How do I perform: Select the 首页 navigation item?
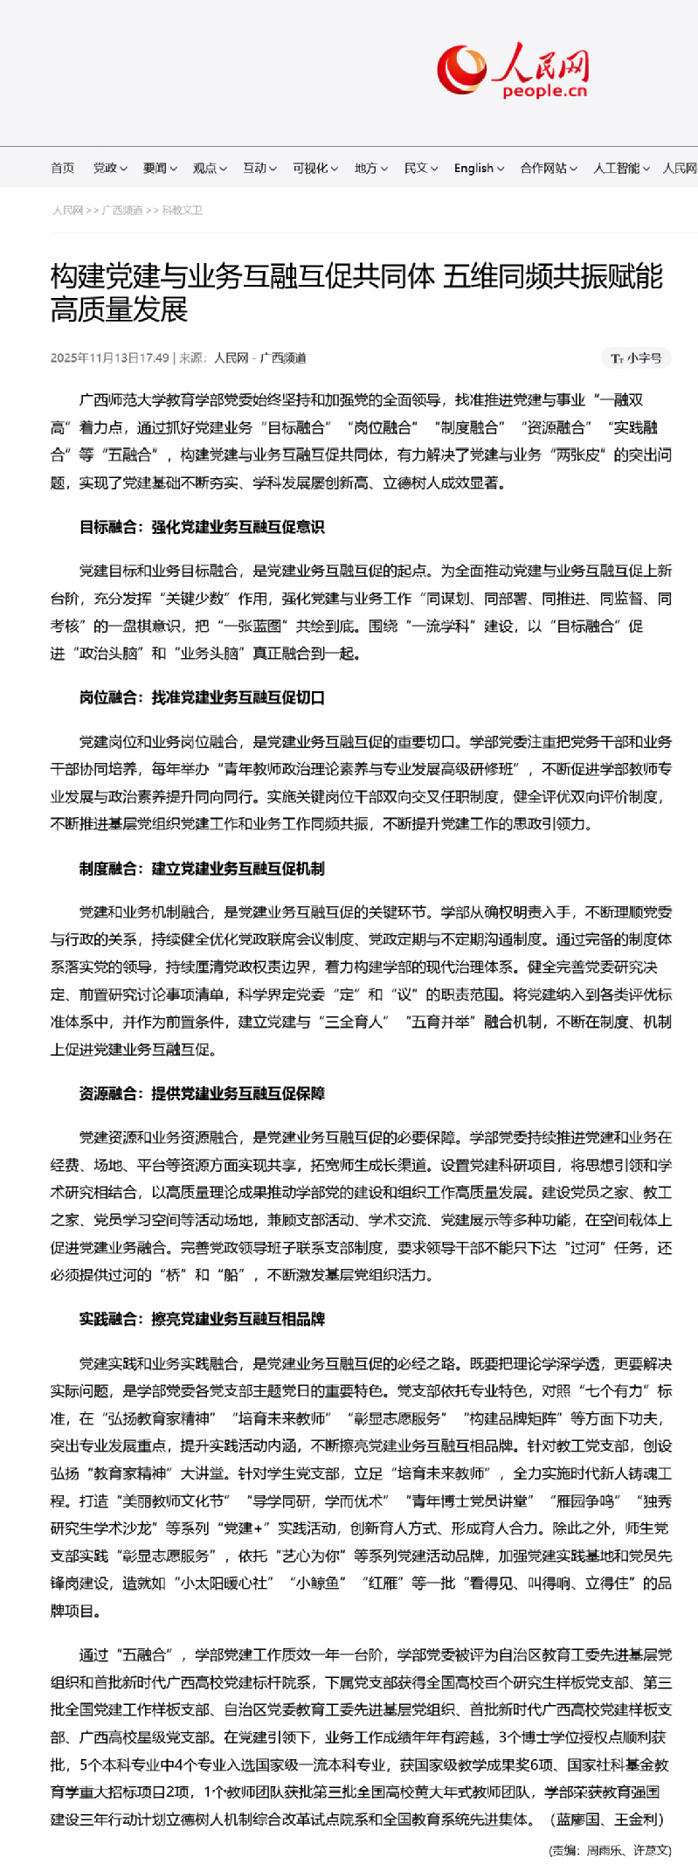coord(63,169)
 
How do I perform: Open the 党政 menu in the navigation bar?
coord(110,169)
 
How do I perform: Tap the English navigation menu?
coord(478,169)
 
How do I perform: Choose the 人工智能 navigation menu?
coord(621,169)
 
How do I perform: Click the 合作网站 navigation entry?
coord(548,169)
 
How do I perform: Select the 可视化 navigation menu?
coord(314,169)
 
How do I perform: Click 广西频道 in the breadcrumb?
coord(122,211)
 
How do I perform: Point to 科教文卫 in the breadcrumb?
coord(182,211)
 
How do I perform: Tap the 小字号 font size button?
coord(637,358)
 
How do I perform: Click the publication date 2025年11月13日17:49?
coord(110,358)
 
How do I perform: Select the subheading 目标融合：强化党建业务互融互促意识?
coord(202,527)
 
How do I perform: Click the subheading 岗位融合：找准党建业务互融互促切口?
coord(202,697)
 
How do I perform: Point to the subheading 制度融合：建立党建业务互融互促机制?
coord(202,869)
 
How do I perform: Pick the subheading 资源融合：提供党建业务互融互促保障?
coord(202,1093)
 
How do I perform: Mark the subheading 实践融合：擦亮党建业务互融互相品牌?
coord(202,1319)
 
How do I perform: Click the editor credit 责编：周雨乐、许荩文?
coord(610,1851)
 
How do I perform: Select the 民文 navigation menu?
coord(420,169)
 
